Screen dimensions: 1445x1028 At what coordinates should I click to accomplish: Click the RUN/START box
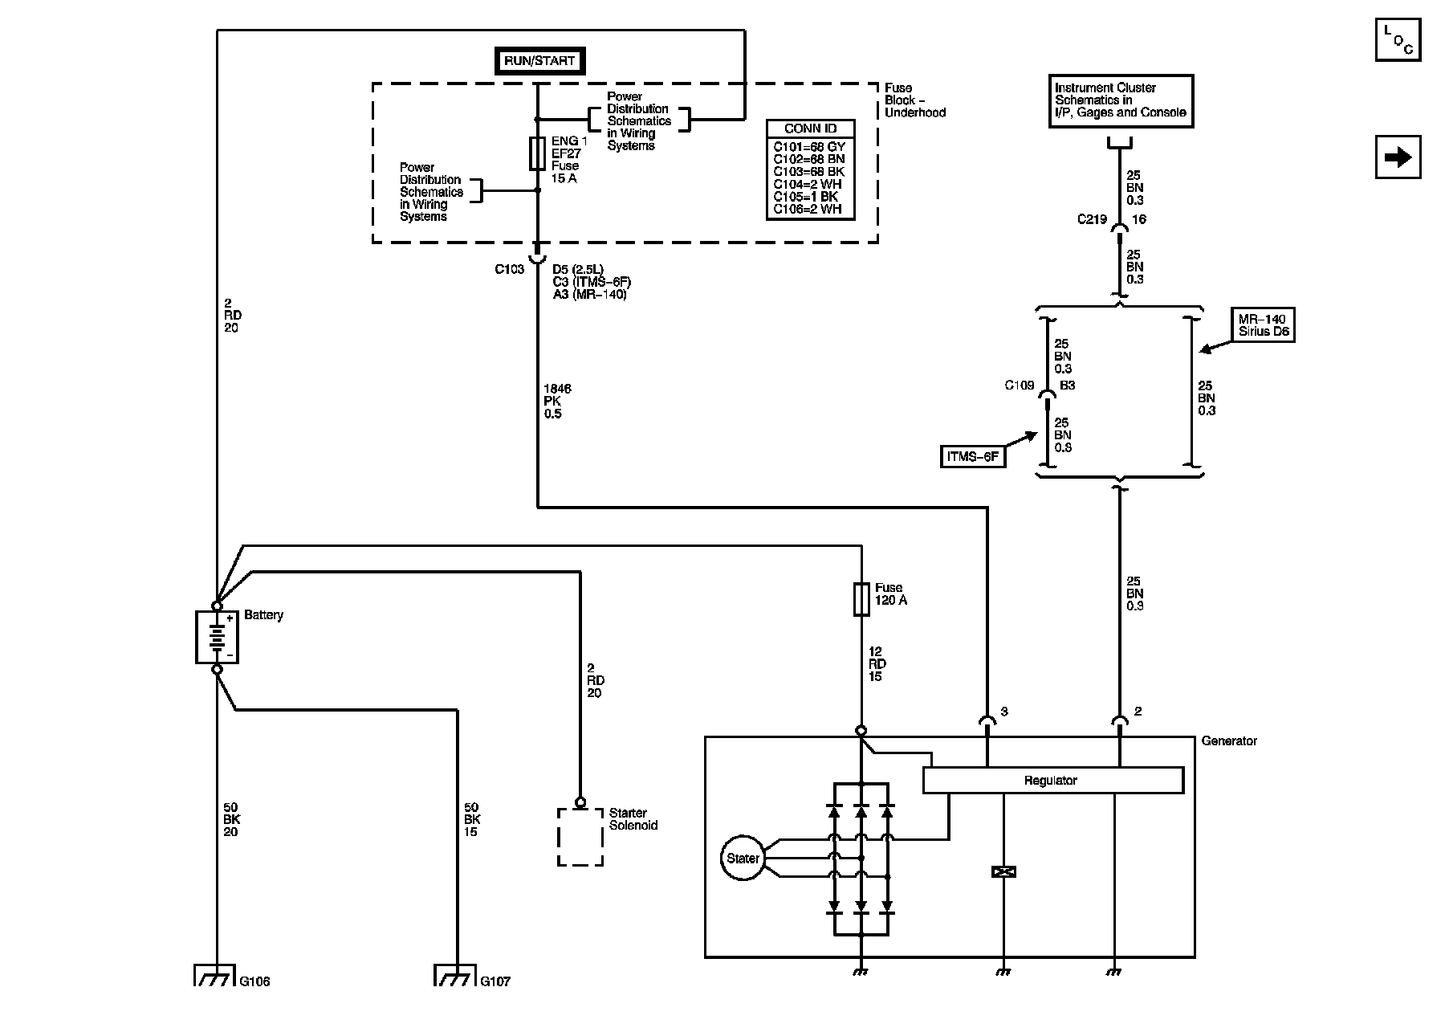[539, 61]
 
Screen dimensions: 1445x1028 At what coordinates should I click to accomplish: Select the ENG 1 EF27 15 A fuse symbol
[538, 153]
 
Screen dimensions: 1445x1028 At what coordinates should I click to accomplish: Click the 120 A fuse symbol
[861, 599]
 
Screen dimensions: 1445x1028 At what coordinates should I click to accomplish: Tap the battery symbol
[217, 638]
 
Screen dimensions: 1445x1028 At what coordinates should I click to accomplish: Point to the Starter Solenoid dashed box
[580, 837]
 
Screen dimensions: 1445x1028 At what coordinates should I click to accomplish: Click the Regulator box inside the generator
[1053, 780]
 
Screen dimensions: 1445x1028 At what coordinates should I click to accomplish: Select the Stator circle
[743, 859]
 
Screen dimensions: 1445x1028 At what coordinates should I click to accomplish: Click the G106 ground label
[255, 981]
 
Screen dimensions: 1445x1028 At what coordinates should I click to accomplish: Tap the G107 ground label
[495, 981]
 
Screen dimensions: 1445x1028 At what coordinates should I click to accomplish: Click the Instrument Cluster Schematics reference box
[1121, 100]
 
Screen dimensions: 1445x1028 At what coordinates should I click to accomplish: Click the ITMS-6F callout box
[972, 456]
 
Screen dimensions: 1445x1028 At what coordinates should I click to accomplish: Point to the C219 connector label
[1092, 219]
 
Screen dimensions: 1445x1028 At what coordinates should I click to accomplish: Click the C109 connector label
[1020, 385]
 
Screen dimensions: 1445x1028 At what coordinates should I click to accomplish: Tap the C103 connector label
[509, 269]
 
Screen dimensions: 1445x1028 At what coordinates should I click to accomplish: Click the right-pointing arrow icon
[1398, 157]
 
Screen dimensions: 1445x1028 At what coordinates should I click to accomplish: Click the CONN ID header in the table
[810, 128]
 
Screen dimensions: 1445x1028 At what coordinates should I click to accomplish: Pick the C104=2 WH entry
[808, 184]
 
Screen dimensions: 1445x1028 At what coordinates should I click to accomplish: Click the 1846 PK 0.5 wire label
[557, 402]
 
